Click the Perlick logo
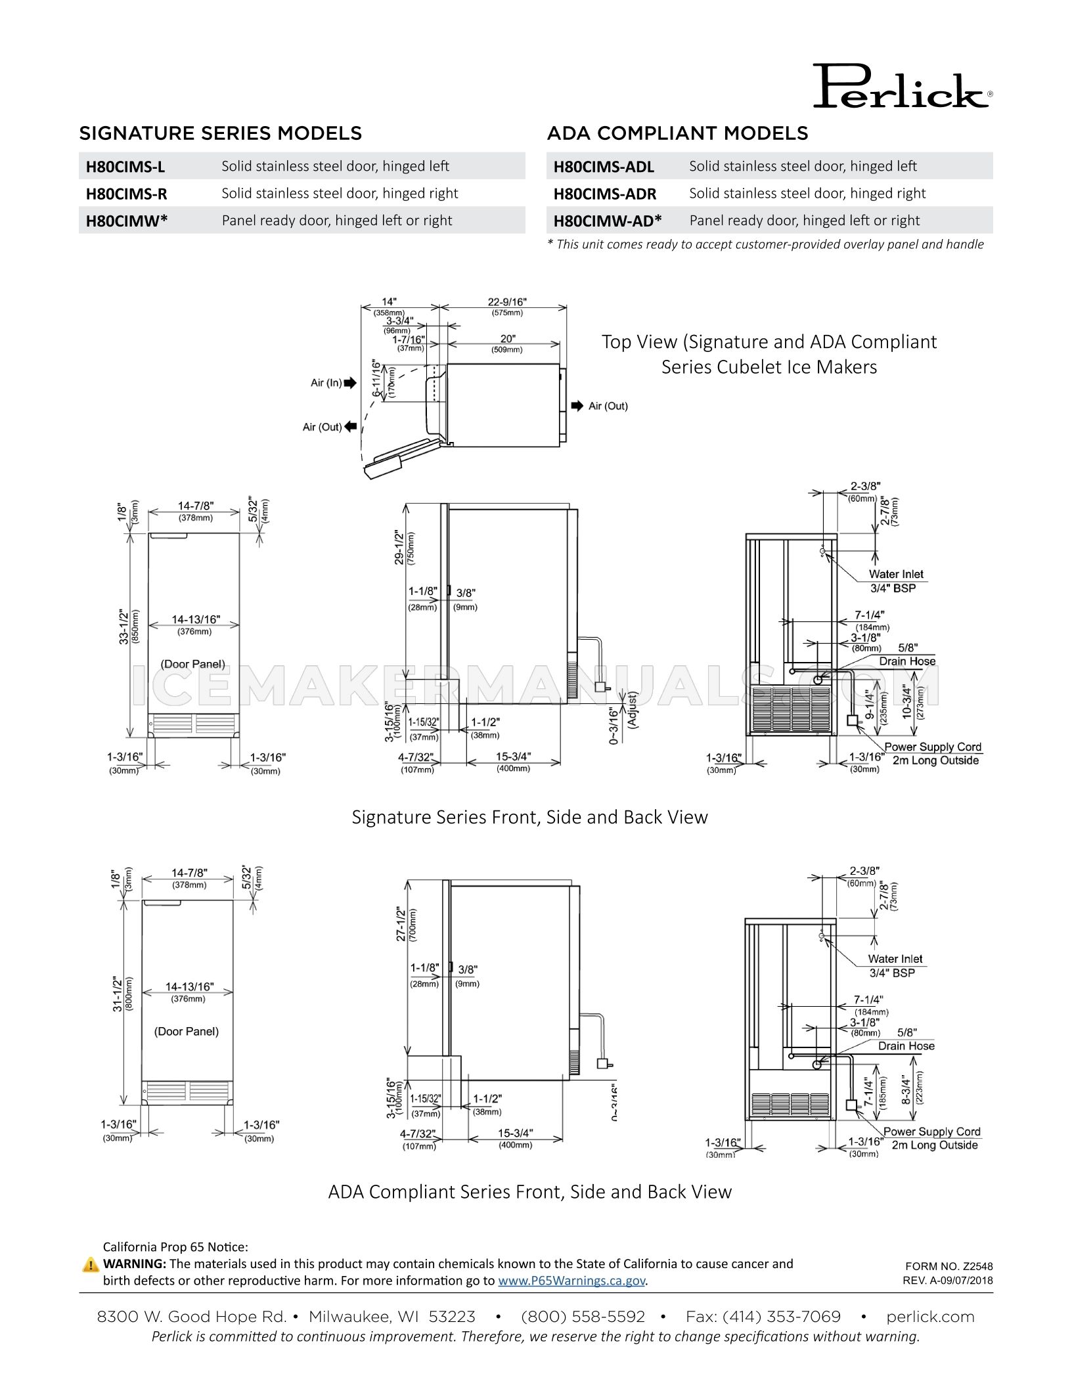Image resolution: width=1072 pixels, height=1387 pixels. (901, 87)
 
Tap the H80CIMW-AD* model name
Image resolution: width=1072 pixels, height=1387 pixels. (607, 221)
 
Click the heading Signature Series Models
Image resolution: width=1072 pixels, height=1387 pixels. (220, 133)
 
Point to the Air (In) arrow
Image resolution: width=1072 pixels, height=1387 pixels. (349, 383)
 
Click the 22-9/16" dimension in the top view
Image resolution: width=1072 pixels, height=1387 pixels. (506, 301)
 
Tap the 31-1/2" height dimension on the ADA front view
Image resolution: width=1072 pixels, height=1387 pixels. (118, 993)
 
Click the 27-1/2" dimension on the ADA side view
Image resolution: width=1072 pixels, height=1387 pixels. (401, 924)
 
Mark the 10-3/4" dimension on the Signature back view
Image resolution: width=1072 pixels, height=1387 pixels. (908, 701)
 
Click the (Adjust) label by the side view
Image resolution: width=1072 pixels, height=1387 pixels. (633, 709)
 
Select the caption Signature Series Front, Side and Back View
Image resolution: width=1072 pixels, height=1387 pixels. (529, 817)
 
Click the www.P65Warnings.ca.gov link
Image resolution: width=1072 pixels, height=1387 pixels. (571, 1280)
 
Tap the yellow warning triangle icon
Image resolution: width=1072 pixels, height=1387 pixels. (91, 1264)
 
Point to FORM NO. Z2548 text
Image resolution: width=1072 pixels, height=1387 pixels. (949, 1266)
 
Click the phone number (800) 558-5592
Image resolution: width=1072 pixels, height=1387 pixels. (583, 1316)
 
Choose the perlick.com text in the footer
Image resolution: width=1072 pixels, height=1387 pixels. (929, 1316)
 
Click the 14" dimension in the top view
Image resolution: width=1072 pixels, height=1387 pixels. (389, 302)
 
